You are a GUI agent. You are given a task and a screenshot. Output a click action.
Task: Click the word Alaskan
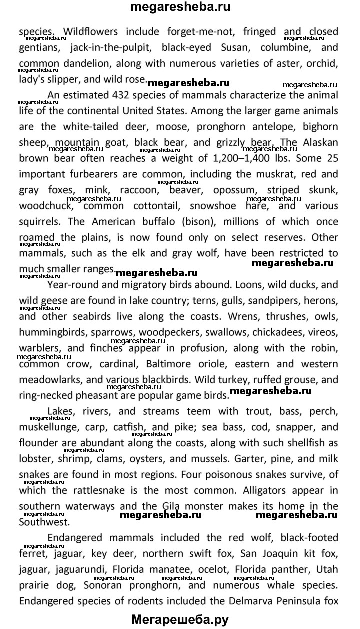[321, 142]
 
